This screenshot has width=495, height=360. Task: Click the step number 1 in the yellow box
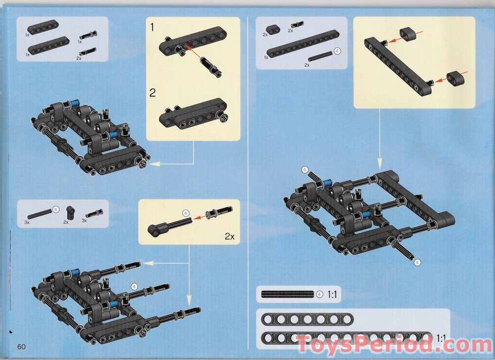[153, 28]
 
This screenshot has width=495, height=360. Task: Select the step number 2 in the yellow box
[153, 93]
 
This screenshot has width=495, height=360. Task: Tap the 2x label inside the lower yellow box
[229, 236]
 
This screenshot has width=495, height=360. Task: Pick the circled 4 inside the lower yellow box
[186, 213]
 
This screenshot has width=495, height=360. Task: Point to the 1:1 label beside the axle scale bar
[333, 294]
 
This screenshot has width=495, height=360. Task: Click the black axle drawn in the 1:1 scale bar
[288, 294]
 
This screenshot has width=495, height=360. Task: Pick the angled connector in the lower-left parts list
[71, 212]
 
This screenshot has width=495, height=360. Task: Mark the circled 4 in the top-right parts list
[337, 51]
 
